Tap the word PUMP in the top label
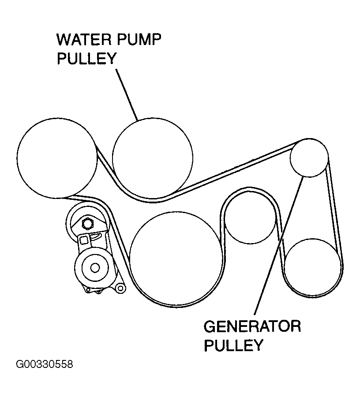(141, 40)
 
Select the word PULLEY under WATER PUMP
(86, 59)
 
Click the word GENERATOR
(252, 326)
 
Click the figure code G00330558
(44, 365)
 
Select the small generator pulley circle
(309, 157)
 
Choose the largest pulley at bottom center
(176, 258)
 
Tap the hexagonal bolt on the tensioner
(86, 223)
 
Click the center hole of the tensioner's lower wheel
(94, 267)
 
